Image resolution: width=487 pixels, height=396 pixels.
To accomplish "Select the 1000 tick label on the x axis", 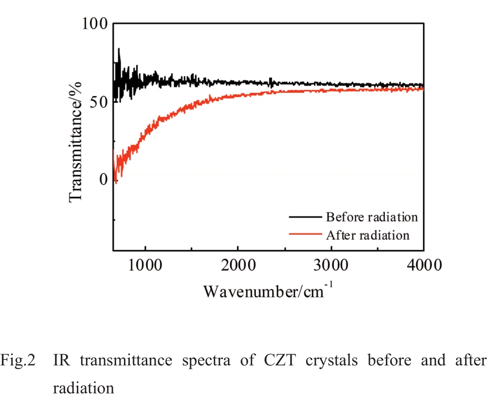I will (x=145, y=265).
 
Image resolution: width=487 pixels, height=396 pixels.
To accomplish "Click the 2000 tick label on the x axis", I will (x=238, y=265).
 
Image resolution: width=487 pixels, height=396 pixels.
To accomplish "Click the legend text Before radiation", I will (x=372, y=217).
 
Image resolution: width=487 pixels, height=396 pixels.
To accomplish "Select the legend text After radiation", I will (x=368, y=235).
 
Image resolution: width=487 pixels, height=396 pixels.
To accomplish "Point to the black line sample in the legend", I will (x=305, y=217).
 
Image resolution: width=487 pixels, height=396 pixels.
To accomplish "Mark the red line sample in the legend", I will (x=305, y=235).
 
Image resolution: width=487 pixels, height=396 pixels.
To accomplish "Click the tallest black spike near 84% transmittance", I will (x=119, y=49).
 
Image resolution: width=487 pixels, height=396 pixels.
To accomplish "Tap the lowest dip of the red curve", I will (x=116, y=182).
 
